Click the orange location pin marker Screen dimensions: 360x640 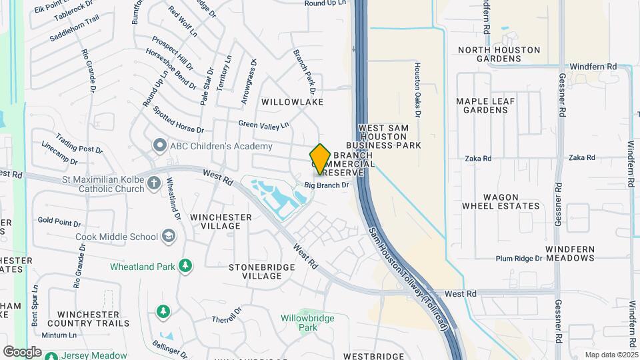tap(320, 159)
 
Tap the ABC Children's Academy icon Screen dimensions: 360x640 tap(159, 145)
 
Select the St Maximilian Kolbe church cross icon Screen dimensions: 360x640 tap(154, 183)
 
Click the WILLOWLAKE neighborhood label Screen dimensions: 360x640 tap(292, 102)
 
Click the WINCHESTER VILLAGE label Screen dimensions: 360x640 tap(221, 221)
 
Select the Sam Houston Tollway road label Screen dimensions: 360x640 tap(412, 273)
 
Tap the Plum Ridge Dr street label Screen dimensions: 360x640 tap(519, 259)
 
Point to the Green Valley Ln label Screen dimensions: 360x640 tap(264, 125)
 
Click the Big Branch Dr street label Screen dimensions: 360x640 tap(327, 185)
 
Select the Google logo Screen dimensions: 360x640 tap(22, 351)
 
